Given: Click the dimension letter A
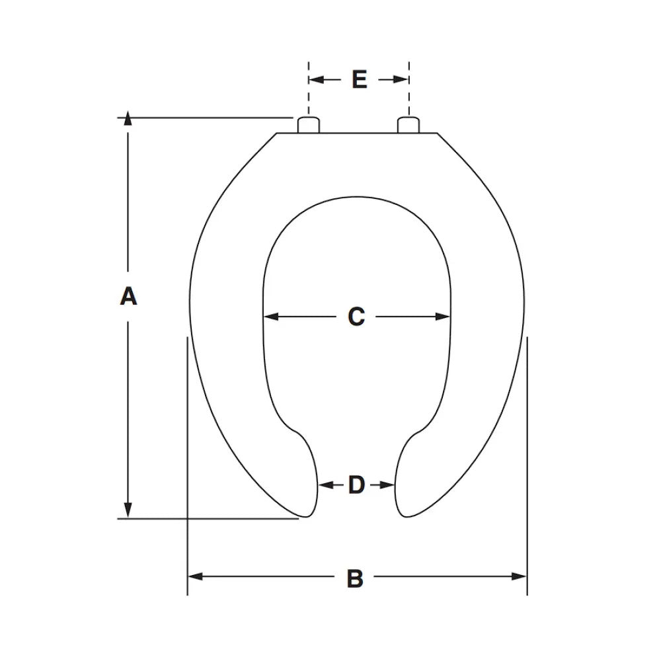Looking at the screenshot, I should click(128, 295).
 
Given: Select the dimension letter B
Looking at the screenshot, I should click(355, 579).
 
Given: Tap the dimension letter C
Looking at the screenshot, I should click(356, 317).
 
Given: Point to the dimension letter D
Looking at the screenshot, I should click(356, 485).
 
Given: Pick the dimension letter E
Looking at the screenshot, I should click(359, 79).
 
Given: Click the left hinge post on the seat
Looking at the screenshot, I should click(308, 125).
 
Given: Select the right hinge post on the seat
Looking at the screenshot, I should click(408, 125).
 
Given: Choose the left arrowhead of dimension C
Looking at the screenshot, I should click(270, 317).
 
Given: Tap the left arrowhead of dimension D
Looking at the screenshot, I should click(324, 485).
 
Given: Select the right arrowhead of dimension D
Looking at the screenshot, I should click(390, 485).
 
